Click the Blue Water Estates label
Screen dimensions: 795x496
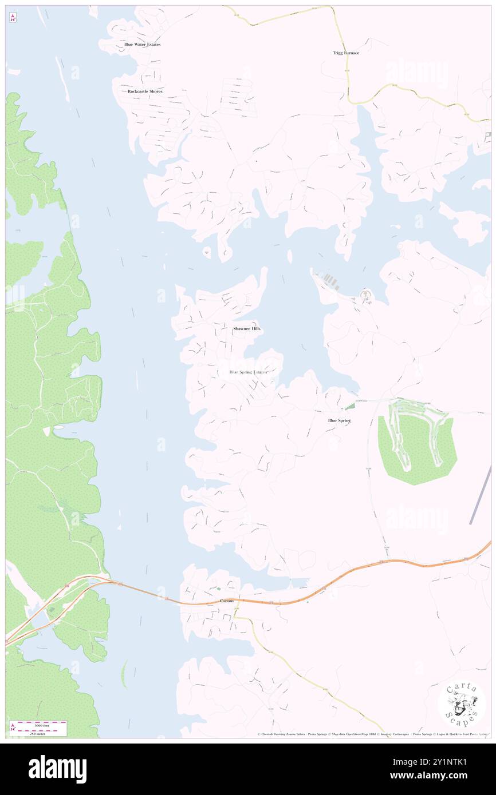(x=143, y=44)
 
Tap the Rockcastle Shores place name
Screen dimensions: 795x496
(x=145, y=91)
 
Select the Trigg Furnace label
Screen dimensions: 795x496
(x=346, y=53)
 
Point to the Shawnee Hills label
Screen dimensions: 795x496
(x=247, y=329)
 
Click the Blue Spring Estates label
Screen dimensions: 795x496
(x=248, y=372)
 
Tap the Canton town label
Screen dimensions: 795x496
(x=227, y=601)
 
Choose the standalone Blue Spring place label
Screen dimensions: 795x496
(x=339, y=420)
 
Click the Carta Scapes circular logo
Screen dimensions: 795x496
(x=462, y=705)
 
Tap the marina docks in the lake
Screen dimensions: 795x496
(x=332, y=281)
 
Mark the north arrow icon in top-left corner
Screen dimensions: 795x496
(x=13, y=18)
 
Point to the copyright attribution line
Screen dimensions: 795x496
(x=372, y=734)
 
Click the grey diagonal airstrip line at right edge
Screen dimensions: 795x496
(x=480, y=495)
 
